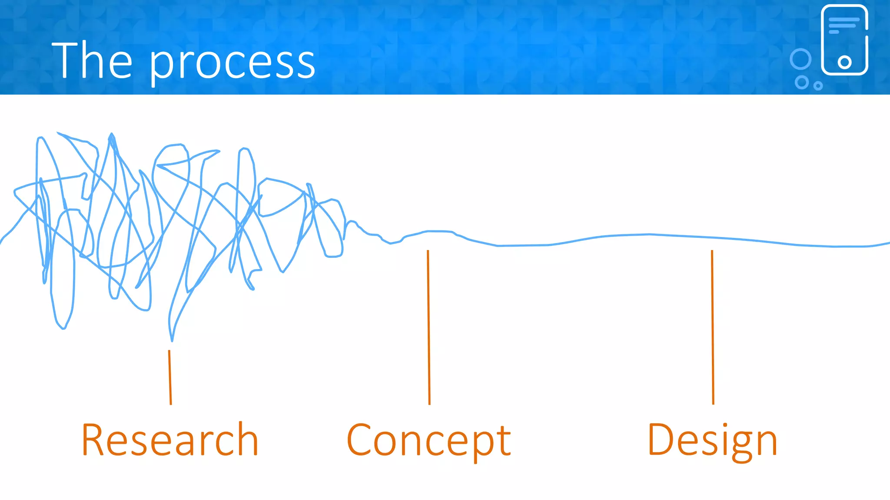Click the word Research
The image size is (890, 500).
170,440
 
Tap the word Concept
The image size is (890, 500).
428,441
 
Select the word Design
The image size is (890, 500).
712,441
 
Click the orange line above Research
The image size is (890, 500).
170,377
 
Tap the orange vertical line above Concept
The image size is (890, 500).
428,327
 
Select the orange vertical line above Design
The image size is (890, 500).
713,327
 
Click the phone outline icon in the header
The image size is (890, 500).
844,40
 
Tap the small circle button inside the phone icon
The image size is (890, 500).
844,62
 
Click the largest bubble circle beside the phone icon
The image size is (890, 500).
800,59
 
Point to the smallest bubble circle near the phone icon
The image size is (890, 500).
818,86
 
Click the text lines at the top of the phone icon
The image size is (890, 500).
843,25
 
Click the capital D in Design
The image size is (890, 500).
660,440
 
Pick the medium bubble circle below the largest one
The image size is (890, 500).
802,82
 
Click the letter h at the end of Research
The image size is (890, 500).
249,439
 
